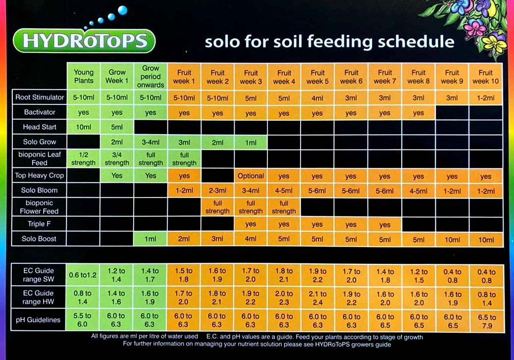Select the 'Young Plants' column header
(x=84, y=76)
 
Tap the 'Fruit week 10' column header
(x=485, y=76)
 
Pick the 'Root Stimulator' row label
(x=40, y=98)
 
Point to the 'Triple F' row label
(x=40, y=224)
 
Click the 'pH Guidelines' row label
(x=38, y=320)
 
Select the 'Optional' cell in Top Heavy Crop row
(x=251, y=176)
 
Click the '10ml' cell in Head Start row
(x=84, y=127)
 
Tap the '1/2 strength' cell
(x=84, y=158)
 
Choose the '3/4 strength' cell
(x=117, y=158)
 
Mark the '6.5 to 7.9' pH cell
(x=485, y=320)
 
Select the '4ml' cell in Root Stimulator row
(x=317, y=98)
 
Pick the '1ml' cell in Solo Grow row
(x=251, y=143)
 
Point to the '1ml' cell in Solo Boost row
(x=151, y=239)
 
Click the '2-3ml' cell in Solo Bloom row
(x=217, y=190)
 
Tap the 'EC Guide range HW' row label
(x=38, y=297)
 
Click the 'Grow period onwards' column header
(x=151, y=76)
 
